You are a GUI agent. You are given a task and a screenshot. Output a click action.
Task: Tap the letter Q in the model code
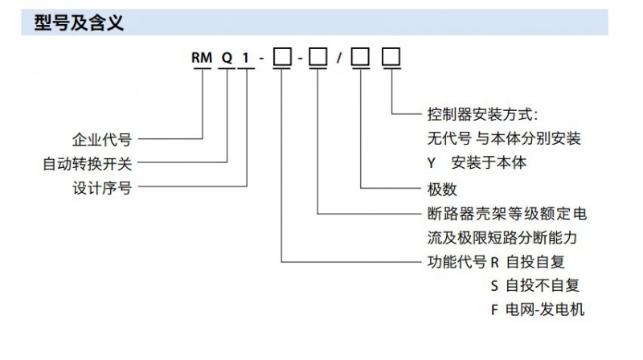point(229,59)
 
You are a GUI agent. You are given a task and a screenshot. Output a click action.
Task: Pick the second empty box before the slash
point(318,59)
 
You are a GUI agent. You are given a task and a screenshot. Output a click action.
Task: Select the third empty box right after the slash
point(361,59)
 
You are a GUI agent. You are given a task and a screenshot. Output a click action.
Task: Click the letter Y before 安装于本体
point(431,163)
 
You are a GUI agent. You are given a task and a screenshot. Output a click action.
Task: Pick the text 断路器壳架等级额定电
point(506,214)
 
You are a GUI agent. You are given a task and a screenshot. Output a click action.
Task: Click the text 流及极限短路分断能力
point(503,238)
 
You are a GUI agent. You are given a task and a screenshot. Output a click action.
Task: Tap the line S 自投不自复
point(534,285)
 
